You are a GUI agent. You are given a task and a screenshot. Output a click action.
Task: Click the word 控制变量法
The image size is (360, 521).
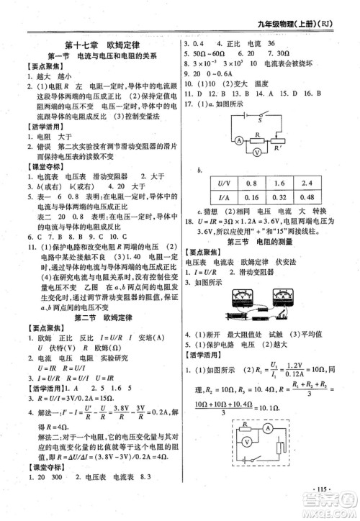tap(143, 114)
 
